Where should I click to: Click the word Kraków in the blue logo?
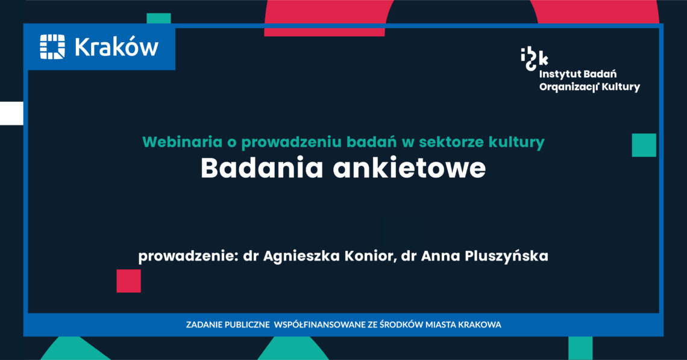click(x=116, y=47)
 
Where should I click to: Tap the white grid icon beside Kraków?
click(x=52, y=47)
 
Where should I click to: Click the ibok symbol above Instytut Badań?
click(x=534, y=59)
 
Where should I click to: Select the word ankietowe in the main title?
click(x=410, y=168)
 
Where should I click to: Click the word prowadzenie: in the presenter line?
click(x=189, y=256)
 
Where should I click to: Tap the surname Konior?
click(x=371, y=256)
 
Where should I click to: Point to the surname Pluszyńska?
click(x=506, y=256)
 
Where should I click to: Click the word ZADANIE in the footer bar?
click(x=204, y=325)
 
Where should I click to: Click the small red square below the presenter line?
click(x=129, y=281)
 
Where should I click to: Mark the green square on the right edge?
click(x=644, y=145)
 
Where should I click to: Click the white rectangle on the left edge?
click(x=11, y=113)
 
